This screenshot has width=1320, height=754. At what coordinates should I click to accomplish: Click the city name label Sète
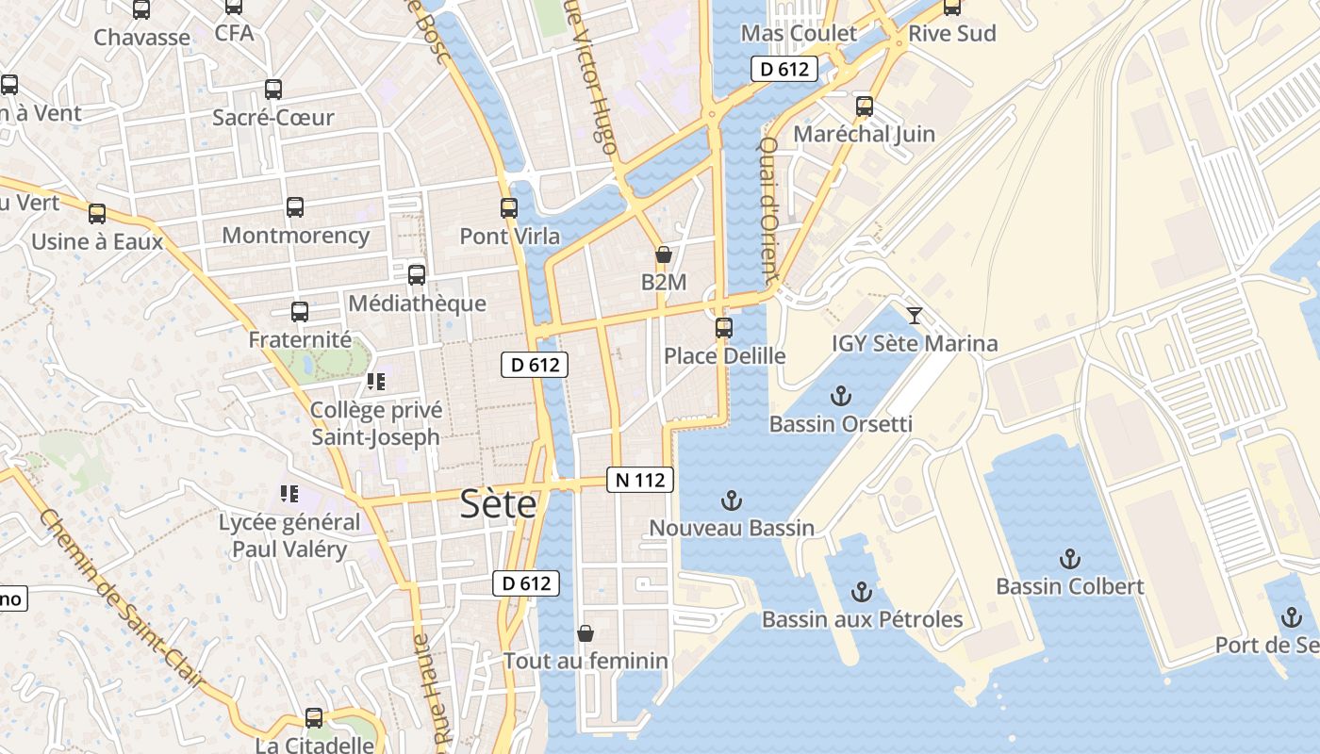pos(498,505)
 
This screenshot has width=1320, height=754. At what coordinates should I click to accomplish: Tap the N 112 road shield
pos(640,480)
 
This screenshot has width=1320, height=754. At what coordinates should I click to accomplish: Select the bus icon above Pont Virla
pos(509,208)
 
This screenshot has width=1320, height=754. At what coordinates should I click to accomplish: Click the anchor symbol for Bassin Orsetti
pos(840,396)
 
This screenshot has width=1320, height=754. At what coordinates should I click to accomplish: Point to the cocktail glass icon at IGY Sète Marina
pos(914,316)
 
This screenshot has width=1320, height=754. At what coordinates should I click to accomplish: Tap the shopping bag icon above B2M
pos(664,254)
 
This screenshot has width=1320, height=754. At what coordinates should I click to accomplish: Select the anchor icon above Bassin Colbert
pos(1069,559)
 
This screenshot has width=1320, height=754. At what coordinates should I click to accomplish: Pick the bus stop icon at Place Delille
pos(724,328)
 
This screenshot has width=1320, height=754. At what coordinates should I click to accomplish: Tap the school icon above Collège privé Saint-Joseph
pos(376,382)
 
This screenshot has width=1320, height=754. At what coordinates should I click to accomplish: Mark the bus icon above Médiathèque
pos(417,275)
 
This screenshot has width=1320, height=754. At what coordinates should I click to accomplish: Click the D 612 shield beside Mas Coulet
pos(784,69)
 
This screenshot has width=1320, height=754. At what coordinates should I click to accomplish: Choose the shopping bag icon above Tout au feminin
pos(586,633)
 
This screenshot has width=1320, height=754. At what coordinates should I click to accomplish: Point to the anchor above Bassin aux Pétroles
pos(861,592)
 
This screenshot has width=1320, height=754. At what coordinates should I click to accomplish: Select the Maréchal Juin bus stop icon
pos(865,107)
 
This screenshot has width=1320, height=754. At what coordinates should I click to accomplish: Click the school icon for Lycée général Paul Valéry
pos(289,494)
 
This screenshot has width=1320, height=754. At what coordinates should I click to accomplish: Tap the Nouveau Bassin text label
pos(732,528)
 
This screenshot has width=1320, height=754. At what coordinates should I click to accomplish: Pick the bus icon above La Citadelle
pos(314,718)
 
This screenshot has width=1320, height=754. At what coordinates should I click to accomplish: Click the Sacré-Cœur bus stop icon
pos(273,90)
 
